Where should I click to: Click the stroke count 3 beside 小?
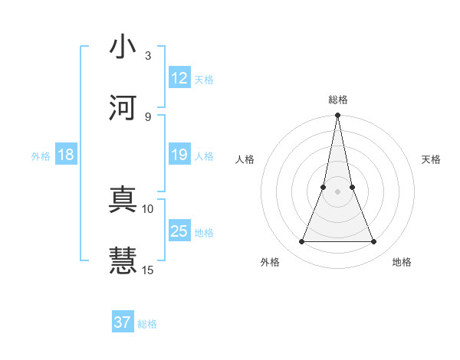[x=147, y=56]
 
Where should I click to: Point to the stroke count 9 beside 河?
[x=147, y=116]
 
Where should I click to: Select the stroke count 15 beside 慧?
[x=148, y=270]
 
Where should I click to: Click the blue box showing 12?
[x=179, y=78]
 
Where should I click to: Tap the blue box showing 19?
[x=179, y=155]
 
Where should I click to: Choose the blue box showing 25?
[x=179, y=231]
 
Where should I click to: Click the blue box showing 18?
[x=66, y=155]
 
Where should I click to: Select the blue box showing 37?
[x=122, y=322]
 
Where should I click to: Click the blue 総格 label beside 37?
[x=147, y=324]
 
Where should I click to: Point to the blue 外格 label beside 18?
[x=41, y=156]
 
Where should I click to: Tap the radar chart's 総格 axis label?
[x=337, y=100]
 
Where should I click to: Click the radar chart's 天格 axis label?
[x=432, y=159]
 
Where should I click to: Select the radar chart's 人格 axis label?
[x=245, y=159]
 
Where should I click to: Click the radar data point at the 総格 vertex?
[x=337, y=116]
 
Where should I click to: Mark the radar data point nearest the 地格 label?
[x=374, y=242]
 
